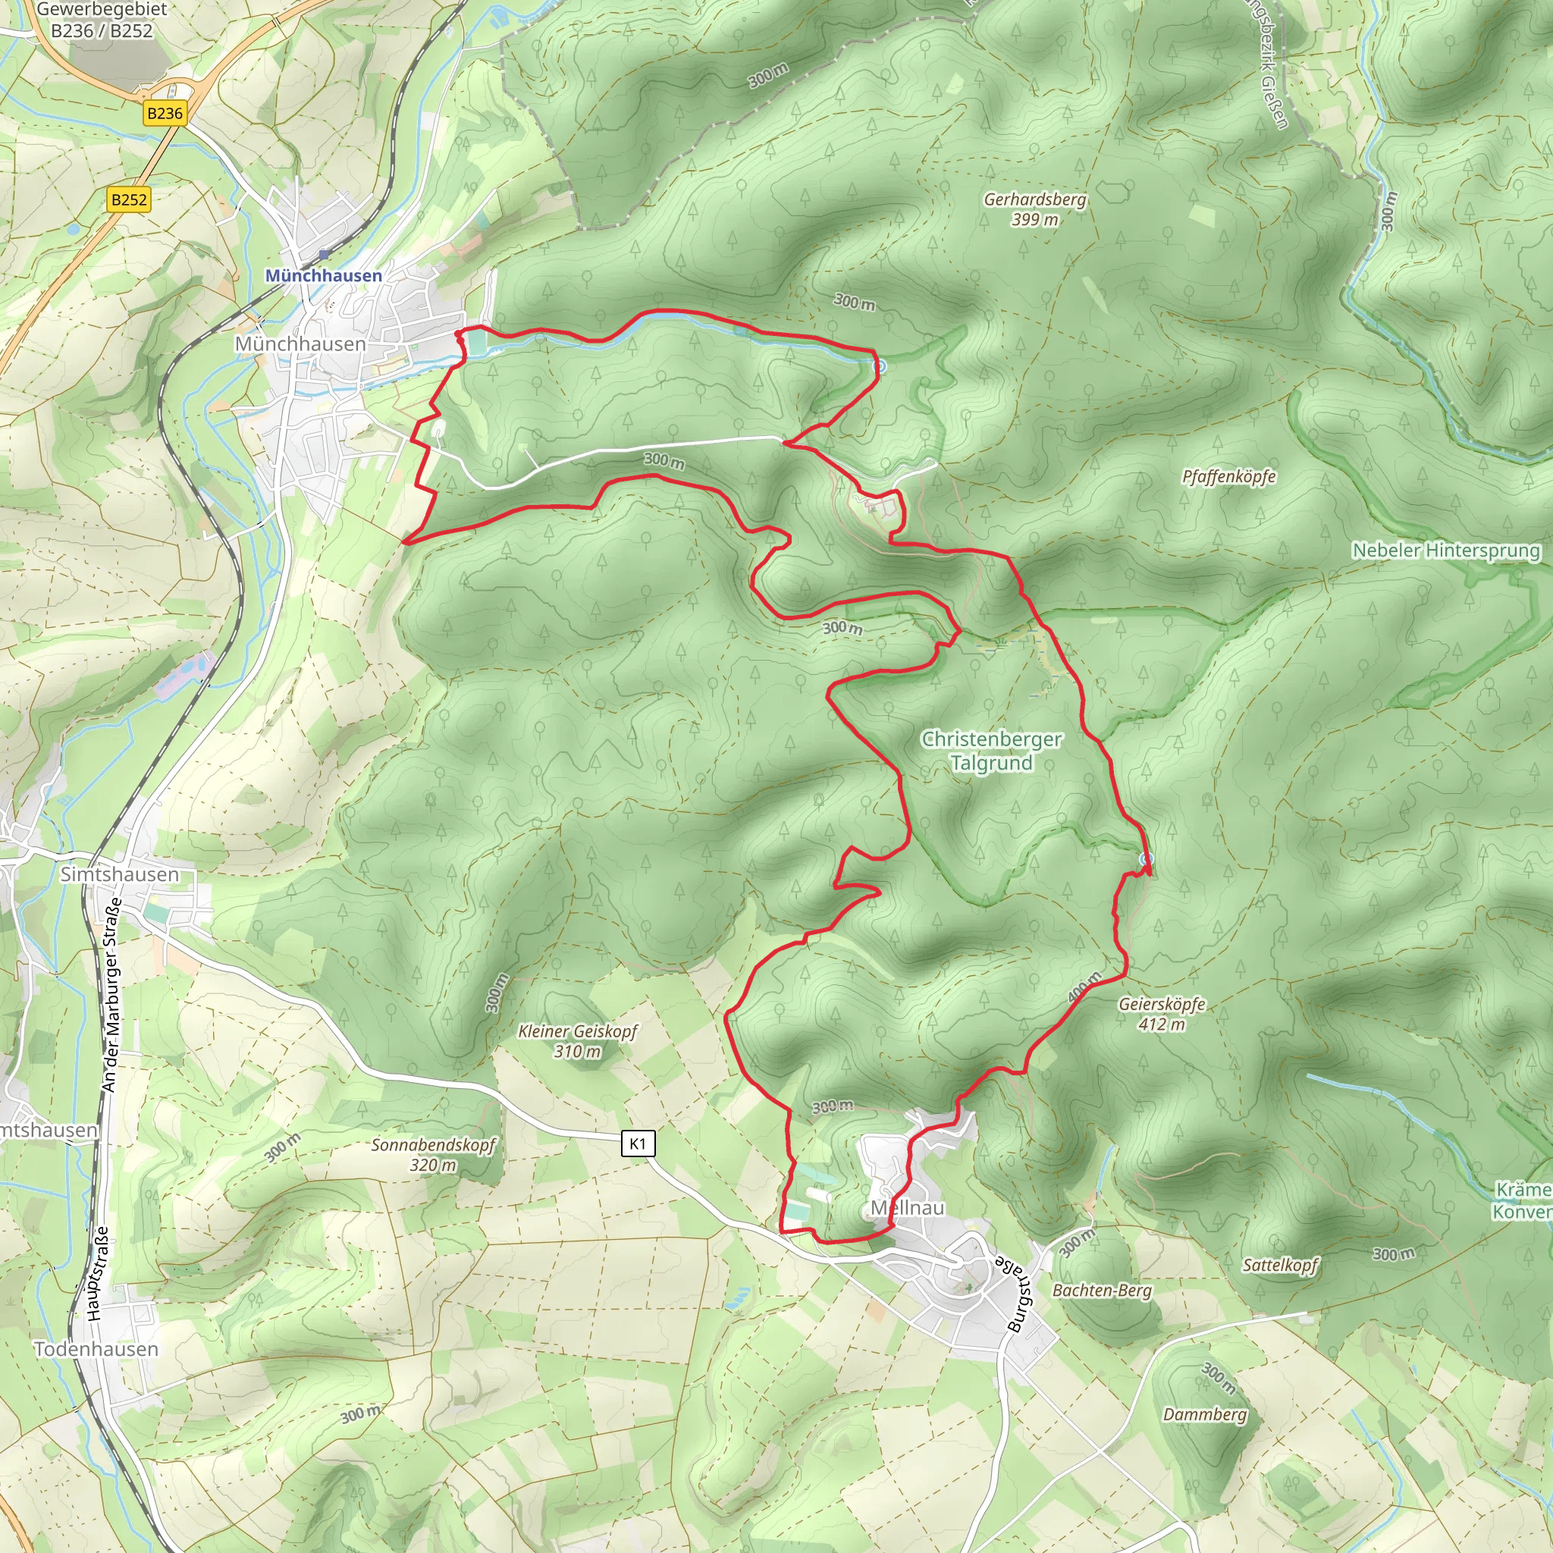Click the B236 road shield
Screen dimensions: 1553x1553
(x=165, y=113)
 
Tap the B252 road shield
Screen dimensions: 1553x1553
(x=130, y=199)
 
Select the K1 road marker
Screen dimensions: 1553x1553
(x=638, y=1143)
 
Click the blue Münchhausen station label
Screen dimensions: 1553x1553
(x=323, y=276)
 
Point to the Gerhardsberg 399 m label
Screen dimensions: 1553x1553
(x=1034, y=209)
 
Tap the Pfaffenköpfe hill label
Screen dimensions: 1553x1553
(x=1228, y=477)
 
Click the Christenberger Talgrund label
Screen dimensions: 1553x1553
(x=991, y=751)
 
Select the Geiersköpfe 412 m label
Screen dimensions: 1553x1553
(x=1162, y=1014)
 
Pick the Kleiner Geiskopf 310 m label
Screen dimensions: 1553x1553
(x=577, y=1041)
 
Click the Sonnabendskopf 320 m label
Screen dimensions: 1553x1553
(x=432, y=1154)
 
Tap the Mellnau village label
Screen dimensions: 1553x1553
(x=908, y=1207)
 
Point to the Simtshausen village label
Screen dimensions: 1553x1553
(x=120, y=874)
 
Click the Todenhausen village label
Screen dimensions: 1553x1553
(x=96, y=1349)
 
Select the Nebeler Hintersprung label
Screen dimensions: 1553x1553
(x=1445, y=551)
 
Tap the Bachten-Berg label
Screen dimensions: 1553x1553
(x=1101, y=1290)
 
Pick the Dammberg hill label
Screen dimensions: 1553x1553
(x=1204, y=1414)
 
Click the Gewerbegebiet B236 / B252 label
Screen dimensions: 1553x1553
(x=102, y=20)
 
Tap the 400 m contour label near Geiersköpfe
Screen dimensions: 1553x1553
(x=1084, y=987)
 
